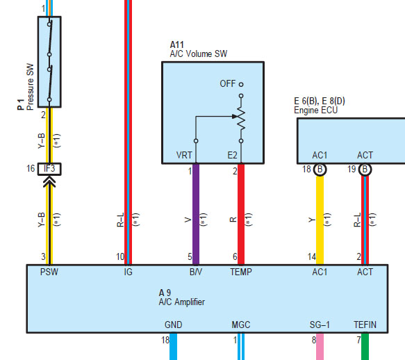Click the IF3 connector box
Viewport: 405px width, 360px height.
click(49, 169)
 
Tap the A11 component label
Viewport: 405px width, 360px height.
click(176, 44)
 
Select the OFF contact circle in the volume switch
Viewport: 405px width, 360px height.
click(241, 84)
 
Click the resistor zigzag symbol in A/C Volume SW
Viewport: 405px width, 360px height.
click(241, 118)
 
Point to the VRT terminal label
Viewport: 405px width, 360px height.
click(184, 155)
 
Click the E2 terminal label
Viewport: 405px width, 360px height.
click(232, 155)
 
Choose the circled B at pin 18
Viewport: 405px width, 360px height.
click(320, 170)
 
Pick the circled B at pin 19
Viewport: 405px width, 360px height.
click(365, 170)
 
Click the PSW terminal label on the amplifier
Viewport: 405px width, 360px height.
click(49, 272)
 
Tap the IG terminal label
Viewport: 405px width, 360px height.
click(128, 272)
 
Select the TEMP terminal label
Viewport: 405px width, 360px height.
click(241, 272)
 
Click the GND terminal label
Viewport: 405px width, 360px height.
click(173, 325)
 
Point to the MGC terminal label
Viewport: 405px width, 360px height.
click(241, 325)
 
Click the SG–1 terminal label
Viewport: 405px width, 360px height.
click(320, 325)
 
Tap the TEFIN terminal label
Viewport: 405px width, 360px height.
click(365, 325)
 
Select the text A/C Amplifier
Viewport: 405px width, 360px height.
click(182, 302)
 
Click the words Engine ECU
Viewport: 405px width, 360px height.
click(316, 111)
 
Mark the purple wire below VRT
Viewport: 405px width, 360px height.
click(196, 214)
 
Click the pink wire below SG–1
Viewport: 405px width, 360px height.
click(320, 346)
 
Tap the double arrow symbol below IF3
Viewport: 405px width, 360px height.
click(49, 181)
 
